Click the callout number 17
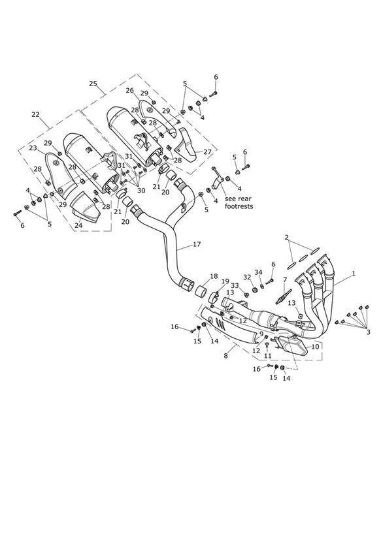point(197,244)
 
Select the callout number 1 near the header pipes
point(354,274)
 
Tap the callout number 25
point(93,84)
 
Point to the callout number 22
point(35,115)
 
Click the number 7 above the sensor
point(284,280)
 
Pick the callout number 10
point(315,347)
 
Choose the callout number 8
point(225,356)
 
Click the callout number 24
point(78,225)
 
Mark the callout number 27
point(207,151)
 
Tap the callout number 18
point(214,276)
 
